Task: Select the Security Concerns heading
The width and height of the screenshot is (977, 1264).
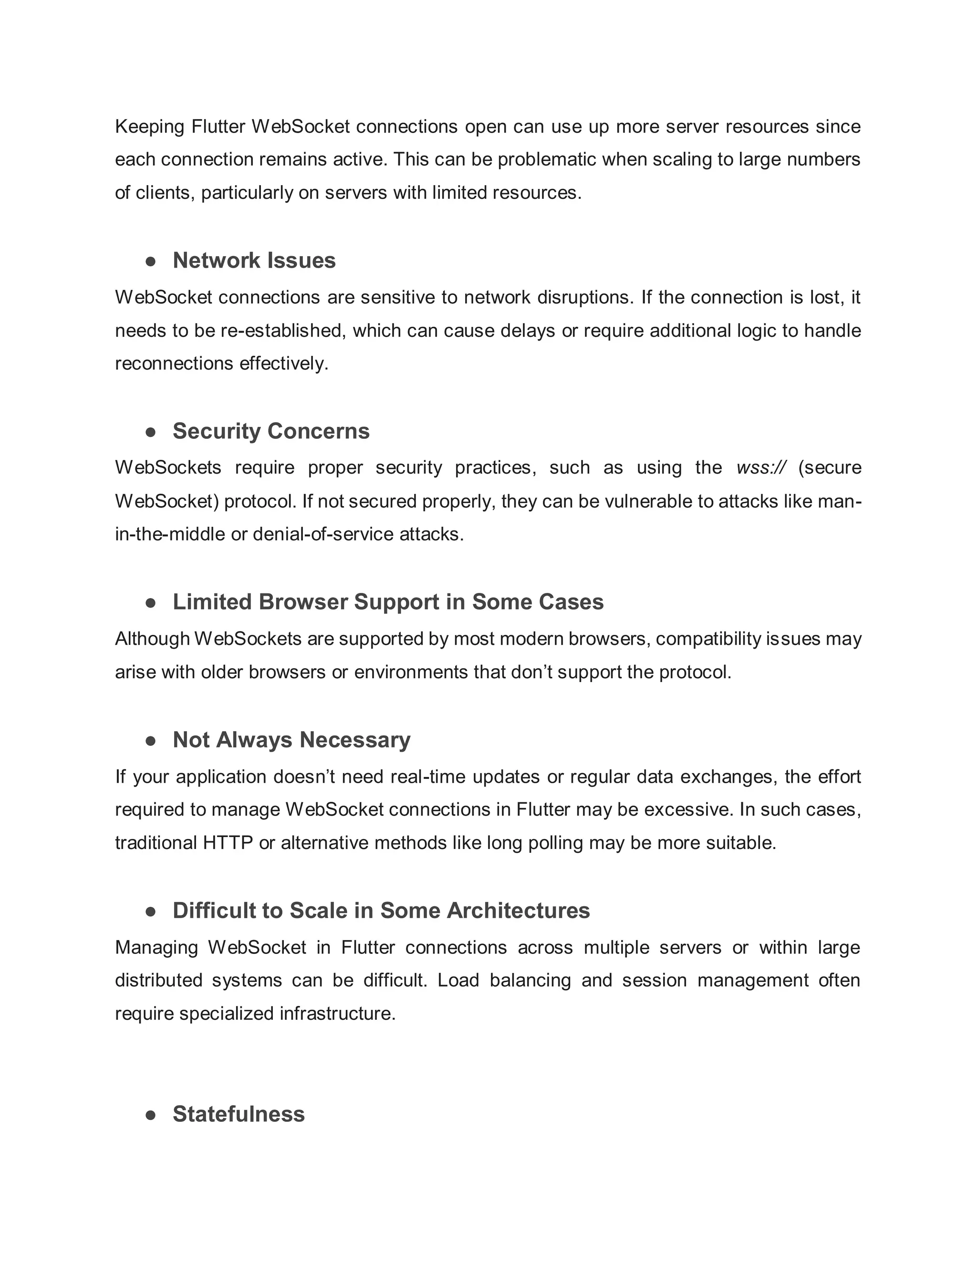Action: coord(271,431)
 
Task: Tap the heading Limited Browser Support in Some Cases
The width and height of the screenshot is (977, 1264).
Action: coord(388,602)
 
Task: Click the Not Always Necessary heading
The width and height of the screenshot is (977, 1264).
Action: coord(291,740)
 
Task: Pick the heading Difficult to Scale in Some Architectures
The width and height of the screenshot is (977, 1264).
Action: coord(381,911)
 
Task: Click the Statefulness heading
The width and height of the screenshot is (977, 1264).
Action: coord(239,1114)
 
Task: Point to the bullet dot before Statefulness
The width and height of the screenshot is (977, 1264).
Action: coord(151,1115)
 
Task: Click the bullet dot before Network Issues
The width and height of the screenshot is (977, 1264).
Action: coord(151,261)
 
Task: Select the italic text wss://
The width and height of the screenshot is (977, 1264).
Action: coord(761,467)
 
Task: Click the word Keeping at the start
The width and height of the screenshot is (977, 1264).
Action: coord(149,126)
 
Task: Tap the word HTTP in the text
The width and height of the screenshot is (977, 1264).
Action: coord(228,843)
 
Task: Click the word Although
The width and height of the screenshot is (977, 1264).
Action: coord(152,638)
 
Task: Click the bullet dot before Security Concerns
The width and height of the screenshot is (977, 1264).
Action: coord(151,432)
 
